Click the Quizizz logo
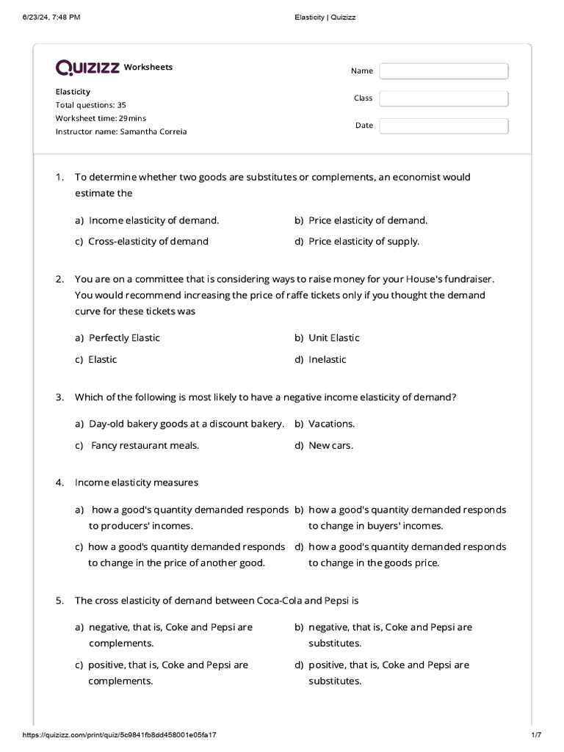pyautogui.click(x=88, y=68)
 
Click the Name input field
pyautogui.click(x=444, y=71)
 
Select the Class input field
pyautogui.click(x=444, y=98)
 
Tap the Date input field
pyautogui.click(x=444, y=126)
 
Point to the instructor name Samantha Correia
pyautogui.click(x=121, y=131)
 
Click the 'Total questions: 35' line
pyautogui.click(x=90, y=105)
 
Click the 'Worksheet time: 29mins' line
pyautogui.click(x=101, y=118)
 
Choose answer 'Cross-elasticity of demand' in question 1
pyautogui.click(x=148, y=242)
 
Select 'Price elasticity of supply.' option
pyautogui.click(x=364, y=242)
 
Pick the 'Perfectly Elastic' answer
pyautogui.click(x=123, y=338)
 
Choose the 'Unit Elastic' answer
pyautogui.click(x=333, y=338)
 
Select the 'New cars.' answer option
pyautogui.click(x=330, y=445)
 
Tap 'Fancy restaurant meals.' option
pyautogui.click(x=145, y=445)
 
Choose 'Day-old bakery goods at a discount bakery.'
pyautogui.click(x=186, y=424)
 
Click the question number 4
pyautogui.click(x=59, y=482)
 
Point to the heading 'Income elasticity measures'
pyautogui.click(x=137, y=482)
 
